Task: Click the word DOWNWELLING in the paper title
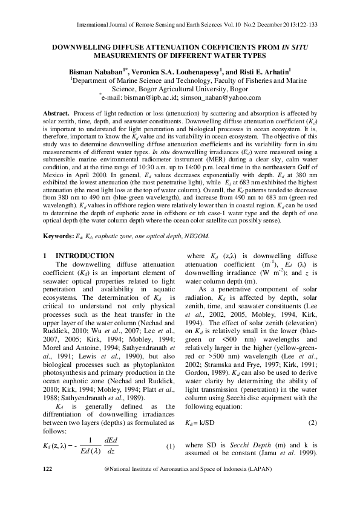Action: [87, 47]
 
